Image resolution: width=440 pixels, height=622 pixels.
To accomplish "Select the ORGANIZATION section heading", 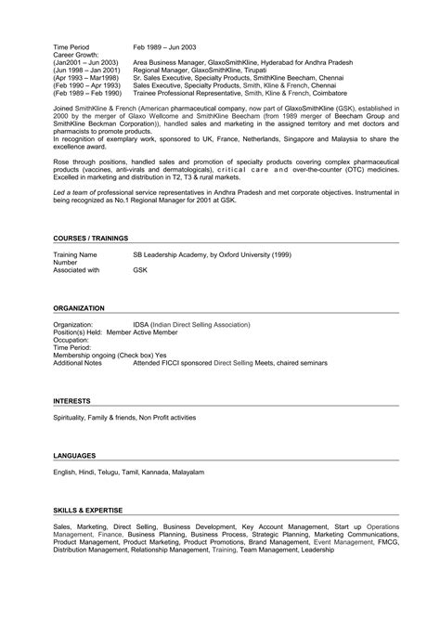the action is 79,306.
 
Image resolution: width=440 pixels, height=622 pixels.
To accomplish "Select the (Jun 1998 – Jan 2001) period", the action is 86,70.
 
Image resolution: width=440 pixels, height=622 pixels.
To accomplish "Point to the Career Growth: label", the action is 75,54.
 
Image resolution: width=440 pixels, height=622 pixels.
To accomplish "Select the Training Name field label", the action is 75,253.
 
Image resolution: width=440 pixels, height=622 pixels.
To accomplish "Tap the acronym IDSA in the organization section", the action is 141,326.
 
